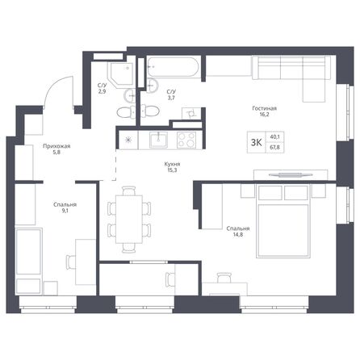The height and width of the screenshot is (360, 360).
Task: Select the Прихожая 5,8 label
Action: [x=57, y=150]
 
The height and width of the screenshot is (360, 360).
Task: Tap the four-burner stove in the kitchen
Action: [x=184, y=139]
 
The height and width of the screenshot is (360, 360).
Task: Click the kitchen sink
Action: [x=158, y=139]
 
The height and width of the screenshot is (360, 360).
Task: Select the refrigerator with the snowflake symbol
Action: [x=128, y=139]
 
